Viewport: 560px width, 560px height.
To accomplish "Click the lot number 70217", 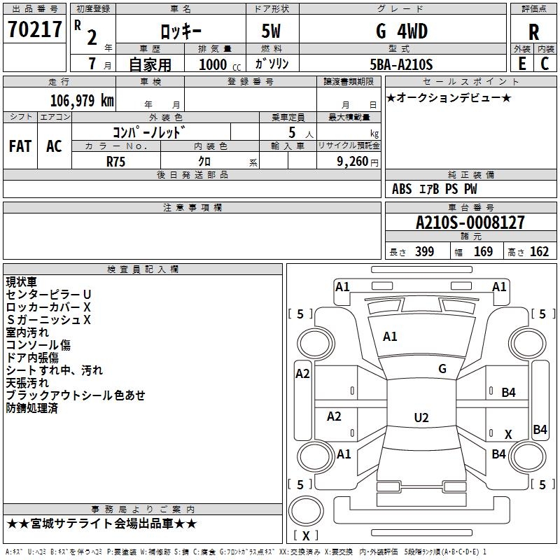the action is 34,29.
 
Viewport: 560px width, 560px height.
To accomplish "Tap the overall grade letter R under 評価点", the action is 533,32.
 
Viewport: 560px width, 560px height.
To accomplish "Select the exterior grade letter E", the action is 521,64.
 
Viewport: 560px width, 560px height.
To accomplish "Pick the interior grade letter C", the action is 545,64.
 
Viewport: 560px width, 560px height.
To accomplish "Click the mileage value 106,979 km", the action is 82,101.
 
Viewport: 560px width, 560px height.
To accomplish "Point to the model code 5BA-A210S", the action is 401,64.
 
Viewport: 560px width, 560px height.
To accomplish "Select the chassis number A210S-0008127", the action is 470,223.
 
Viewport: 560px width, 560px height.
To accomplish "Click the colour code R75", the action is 115,162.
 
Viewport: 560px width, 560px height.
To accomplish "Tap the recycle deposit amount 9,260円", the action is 358,162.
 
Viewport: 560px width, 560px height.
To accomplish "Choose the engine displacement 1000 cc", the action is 220,64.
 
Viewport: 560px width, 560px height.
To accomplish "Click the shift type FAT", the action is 20,146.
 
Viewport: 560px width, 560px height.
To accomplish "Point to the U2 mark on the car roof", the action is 421,417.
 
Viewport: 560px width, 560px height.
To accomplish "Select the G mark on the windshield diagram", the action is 442,369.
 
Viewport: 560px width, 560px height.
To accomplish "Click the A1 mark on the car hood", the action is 390,337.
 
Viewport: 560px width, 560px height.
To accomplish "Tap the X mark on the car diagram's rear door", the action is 508,434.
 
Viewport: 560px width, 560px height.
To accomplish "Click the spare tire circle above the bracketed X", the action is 306,511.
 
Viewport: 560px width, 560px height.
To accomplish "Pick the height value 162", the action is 539,251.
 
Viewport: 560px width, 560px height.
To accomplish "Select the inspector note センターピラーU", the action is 48,295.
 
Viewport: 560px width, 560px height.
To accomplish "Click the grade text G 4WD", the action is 402,31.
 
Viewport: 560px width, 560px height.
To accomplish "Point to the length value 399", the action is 424,251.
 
